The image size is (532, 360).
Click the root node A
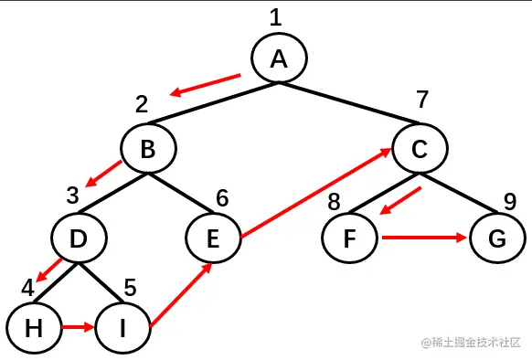(x=280, y=58)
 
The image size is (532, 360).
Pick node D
(x=79, y=239)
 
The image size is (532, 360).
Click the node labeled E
(x=213, y=239)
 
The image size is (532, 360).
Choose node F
(x=351, y=239)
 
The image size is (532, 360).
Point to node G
(x=496, y=239)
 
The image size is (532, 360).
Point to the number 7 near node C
(x=422, y=99)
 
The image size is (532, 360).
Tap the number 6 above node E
(x=221, y=197)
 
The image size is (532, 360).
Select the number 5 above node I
(x=130, y=286)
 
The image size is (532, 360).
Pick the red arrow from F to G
(x=424, y=238)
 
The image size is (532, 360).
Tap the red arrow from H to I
(x=77, y=325)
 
